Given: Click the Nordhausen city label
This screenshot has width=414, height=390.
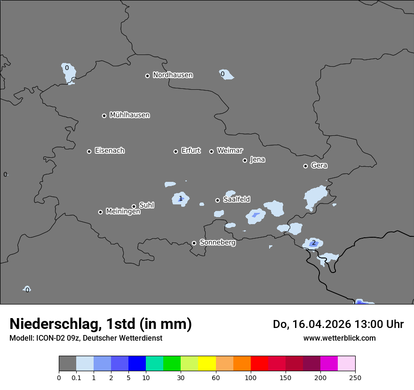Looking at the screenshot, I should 173,75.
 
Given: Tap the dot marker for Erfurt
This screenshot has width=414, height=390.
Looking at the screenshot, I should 176,151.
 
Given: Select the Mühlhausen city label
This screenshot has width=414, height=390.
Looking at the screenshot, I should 129,115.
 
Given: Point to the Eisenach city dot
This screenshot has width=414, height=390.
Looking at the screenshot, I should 89,151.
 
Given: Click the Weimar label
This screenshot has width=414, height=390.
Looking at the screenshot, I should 230,151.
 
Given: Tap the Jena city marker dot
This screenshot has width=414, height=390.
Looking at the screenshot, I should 245,160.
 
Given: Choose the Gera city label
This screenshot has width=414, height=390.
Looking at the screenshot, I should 319,165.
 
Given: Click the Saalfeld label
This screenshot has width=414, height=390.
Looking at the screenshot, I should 236,200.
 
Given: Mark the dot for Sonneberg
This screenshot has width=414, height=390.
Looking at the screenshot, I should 194,243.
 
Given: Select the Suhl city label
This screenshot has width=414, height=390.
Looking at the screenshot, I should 146,205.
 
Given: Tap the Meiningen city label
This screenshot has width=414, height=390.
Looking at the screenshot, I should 123,212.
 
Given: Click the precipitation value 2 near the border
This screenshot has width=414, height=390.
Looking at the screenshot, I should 313,243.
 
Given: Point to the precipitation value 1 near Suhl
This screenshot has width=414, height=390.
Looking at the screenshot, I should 181,199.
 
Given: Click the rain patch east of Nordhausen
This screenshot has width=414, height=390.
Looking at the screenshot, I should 226,74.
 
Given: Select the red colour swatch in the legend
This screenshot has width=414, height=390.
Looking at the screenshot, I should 259,364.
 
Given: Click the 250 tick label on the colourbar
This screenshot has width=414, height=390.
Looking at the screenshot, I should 355,378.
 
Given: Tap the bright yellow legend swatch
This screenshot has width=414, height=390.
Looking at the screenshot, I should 207,364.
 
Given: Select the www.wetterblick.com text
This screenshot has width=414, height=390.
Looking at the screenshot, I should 339,338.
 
